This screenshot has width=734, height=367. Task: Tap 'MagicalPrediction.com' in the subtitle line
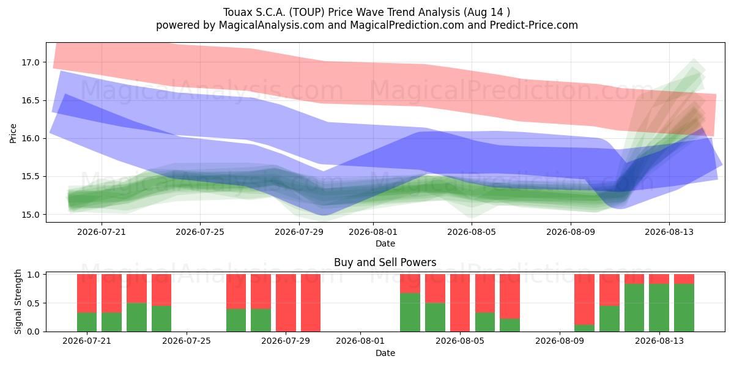pos(407,25)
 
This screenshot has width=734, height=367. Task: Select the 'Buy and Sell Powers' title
pos(385,262)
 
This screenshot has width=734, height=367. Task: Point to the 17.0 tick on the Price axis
pos(31,62)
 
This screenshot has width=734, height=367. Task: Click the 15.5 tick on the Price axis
pos(31,177)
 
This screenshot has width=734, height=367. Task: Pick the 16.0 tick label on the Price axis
pos(31,138)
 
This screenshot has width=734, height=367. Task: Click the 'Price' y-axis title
pos(13,133)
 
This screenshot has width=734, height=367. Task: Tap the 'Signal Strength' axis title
pos(18,302)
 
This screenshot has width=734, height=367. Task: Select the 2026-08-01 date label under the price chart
pos(373,232)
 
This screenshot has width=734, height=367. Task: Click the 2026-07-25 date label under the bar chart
pos(187,341)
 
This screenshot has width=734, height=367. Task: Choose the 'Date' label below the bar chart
pos(385,354)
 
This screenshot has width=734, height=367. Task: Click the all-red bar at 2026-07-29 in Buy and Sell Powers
pos(286,303)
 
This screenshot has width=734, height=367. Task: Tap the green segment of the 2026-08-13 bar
pos(659,308)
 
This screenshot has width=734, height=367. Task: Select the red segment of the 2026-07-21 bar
pos(87,293)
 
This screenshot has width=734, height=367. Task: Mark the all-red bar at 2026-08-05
pos(460,303)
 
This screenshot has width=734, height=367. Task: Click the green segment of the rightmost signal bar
pos(684,308)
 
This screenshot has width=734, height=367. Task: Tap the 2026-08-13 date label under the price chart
pos(669,232)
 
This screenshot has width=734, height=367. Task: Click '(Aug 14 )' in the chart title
pos(487,12)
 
